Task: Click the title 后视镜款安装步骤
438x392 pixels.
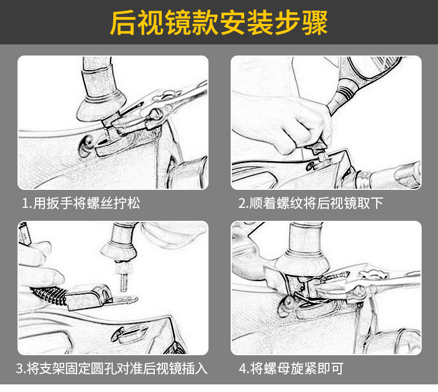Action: coord(219,23)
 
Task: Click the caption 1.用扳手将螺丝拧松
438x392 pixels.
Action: coord(81,203)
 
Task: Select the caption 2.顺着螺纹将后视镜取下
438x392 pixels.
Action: coord(311,203)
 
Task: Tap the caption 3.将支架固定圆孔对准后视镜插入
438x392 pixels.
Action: coord(112,369)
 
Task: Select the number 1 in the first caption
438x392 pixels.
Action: coord(25,203)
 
